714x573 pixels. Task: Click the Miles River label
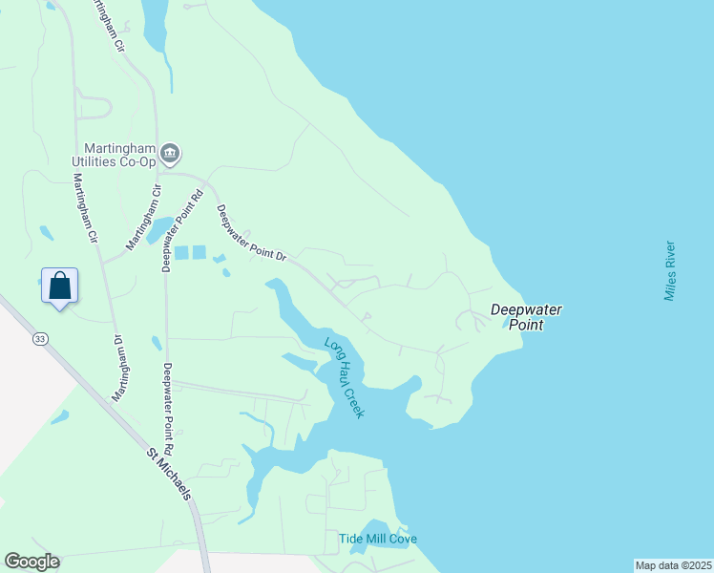670,271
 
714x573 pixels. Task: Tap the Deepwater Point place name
526,317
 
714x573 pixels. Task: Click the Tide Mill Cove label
378,539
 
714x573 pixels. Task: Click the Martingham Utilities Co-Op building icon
171,153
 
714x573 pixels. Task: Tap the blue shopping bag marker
59,286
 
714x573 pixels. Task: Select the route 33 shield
39,339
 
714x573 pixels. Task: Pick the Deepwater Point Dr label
251,234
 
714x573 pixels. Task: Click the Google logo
31,562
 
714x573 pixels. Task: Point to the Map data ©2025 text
671,565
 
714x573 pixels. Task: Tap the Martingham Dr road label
120,368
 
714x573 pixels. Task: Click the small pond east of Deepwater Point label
506,325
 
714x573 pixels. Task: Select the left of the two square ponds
180,253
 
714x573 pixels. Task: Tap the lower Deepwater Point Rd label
168,409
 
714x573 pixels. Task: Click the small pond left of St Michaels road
60,417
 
